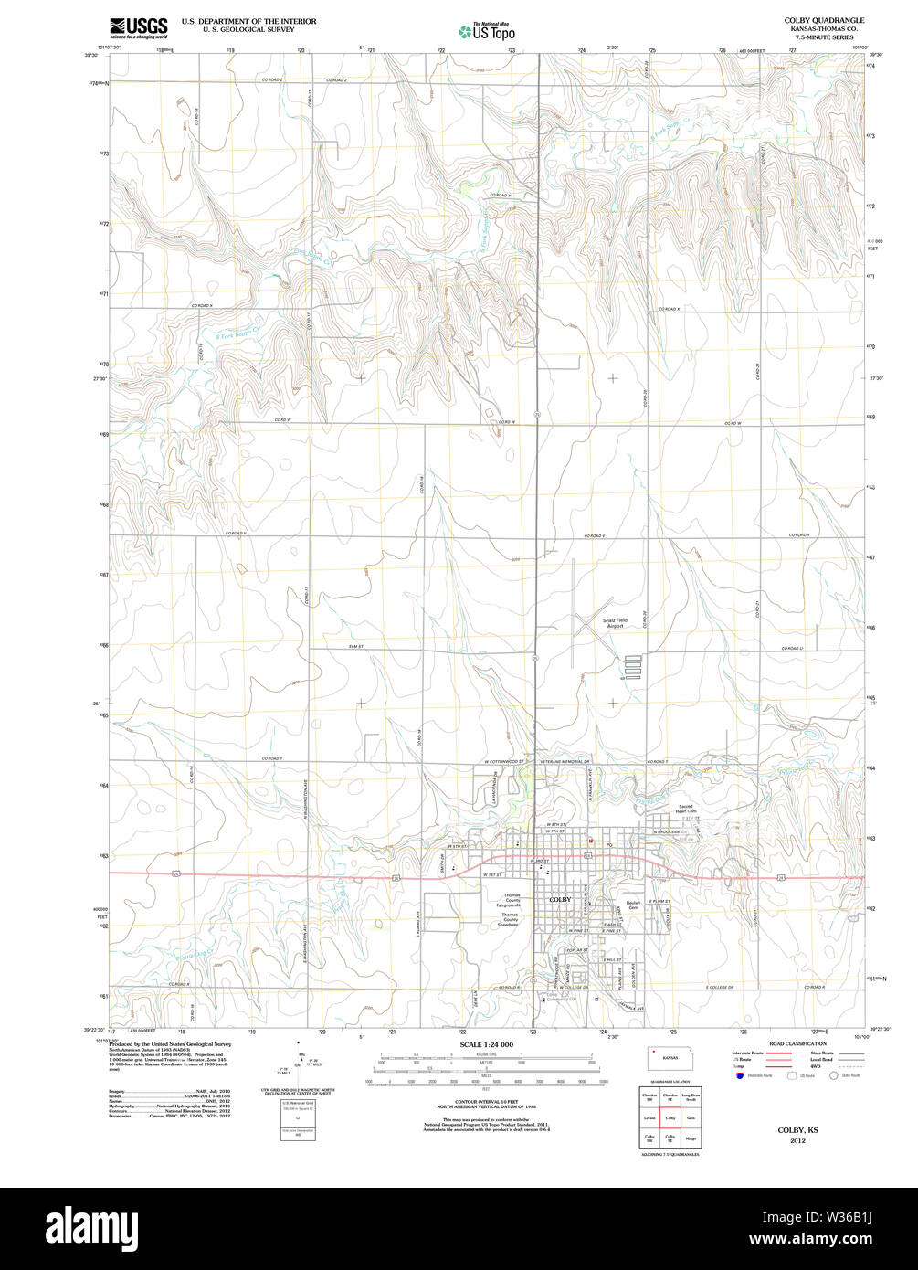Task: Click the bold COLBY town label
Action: [x=560, y=900]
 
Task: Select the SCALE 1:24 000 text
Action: [x=486, y=1044]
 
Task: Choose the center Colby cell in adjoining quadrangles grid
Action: [x=670, y=1117]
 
